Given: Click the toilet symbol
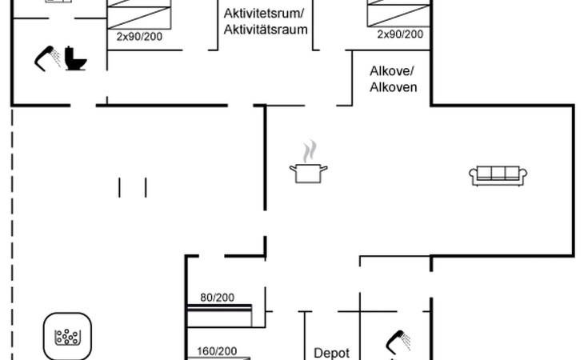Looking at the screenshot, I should [x=77, y=58].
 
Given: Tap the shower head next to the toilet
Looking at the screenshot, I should [x=47, y=58].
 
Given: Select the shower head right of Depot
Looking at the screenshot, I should [x=398, y=342].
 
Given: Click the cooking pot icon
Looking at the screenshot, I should [x=308, y=172].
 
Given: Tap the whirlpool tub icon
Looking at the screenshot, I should [x=68, y=337].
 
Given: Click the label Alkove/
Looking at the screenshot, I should [x=391, y=70].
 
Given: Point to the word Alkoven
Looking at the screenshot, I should [x=393, y=86].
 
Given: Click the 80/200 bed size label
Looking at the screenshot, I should [x=217, y=298].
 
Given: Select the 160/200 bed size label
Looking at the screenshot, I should [x=217, y=350].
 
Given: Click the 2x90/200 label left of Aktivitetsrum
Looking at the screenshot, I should [x=139, y=36].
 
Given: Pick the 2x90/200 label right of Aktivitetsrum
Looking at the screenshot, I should [x=400, y=34].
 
